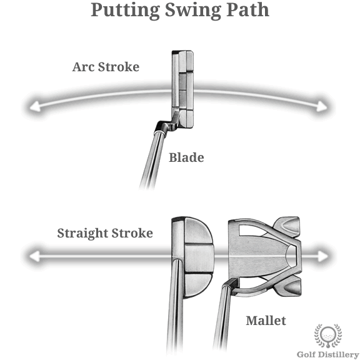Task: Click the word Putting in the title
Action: (126, 11)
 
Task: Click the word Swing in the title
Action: (193, 11)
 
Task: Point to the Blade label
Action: (186, 157)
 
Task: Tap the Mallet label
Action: (266, 321)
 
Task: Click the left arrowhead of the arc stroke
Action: (35, 107)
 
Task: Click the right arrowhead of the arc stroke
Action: (322, 107)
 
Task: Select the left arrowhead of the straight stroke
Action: (34, 256)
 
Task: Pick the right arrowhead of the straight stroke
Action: (322, 256)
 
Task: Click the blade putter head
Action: (182, 89)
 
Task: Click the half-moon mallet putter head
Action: (193, 257)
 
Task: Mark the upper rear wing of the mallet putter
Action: (287, 227)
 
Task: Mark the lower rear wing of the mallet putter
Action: (287, 286)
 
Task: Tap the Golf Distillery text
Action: (328, 354)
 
